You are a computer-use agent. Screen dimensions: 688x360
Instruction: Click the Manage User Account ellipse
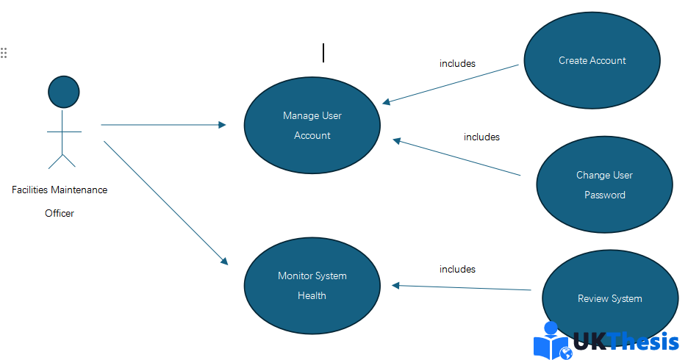click(312, 126)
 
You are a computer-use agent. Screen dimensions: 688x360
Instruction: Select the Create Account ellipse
click(592, 60)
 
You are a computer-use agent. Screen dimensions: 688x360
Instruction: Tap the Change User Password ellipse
click(604, 184)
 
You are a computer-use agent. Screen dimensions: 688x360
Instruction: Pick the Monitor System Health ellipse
click(312, 286)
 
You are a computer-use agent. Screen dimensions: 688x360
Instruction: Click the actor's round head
click(64, 92)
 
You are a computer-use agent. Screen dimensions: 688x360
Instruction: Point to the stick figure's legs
click(62, 161)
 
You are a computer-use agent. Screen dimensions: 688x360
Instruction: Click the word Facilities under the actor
click(30, 190)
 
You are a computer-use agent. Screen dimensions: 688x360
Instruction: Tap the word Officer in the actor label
click(60, 214)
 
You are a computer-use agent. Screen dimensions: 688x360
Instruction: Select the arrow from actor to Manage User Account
click(163, 125)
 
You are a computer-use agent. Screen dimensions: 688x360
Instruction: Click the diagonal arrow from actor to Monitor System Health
click(166, 203)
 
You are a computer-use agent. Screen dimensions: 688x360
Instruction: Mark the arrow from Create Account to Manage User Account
click(450, 84)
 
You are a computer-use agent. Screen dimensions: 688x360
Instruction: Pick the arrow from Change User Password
click(456, 157)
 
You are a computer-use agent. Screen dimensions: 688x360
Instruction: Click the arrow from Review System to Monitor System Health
click(461, 287)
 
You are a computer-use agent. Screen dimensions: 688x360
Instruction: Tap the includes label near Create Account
click(457, 64)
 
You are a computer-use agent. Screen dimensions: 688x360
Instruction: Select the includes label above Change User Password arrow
click(481, 137)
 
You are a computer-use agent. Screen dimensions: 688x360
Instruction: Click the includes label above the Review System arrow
click(457, 269)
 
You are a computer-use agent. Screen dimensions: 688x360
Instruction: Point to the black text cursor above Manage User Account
click(323, 53)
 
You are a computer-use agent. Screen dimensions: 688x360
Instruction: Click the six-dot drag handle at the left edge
click(4, 53)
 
